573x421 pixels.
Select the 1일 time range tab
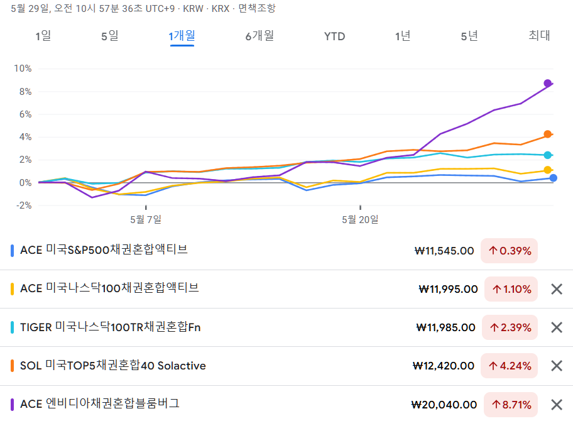43,36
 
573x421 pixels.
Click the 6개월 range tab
259,36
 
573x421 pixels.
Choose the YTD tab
334,36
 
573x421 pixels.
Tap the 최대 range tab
539,36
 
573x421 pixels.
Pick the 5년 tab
469,36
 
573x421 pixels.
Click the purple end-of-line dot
548,84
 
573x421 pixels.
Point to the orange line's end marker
548,134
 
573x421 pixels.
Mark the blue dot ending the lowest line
553,178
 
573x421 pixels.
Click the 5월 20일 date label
360,220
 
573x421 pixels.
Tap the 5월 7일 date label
146,220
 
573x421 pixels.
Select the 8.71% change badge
511,405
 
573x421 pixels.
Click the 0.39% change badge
510,251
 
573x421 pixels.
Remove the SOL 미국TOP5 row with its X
556,366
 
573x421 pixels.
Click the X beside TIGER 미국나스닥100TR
556,327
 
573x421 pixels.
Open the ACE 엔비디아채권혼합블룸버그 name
104,403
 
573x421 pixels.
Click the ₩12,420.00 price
444,366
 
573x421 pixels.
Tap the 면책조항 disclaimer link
256,9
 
